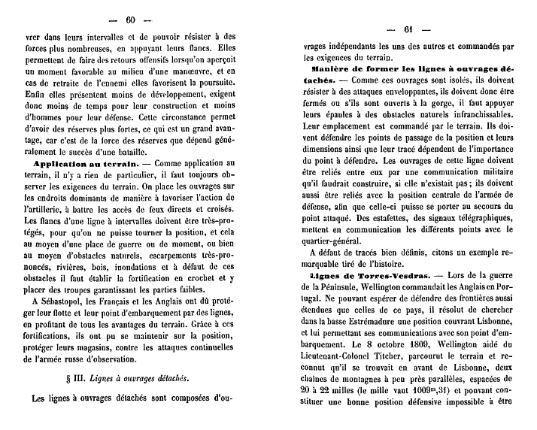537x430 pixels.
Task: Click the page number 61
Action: point(408,30)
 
